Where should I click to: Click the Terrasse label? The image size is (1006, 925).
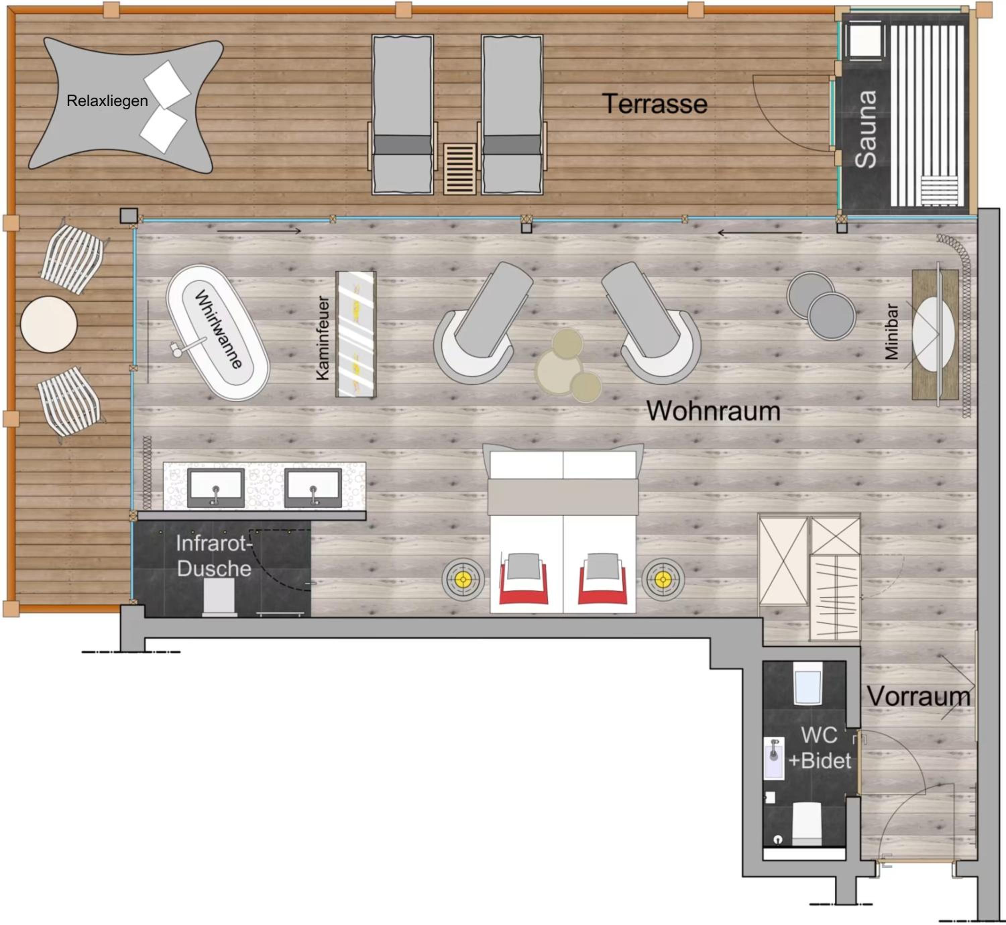tap(655, 104)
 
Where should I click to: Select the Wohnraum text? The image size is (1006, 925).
tap(713, 411)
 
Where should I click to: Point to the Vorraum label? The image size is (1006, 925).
tap(918, 696)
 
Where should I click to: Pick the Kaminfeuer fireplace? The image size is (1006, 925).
tap(356, 334)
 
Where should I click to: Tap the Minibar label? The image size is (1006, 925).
tap(891, 331)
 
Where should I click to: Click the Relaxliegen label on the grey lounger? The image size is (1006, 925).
tap(107, 101)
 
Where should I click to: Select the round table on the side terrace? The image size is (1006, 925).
tap(49, 324)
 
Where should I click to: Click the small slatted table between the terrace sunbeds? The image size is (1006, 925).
tap(459, 169)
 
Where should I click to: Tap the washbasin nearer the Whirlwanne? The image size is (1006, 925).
tap(216, 488)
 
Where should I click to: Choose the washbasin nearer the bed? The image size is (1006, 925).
tap(313, 488)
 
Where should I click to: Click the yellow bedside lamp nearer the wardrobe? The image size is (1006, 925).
tap(663, 580)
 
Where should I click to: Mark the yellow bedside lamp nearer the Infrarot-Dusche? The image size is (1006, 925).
tap(463, 580)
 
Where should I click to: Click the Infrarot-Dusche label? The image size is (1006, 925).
tap(214, 556)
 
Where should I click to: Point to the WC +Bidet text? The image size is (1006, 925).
tap(819, 748)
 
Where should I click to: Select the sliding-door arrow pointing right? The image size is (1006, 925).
tap(259, 231)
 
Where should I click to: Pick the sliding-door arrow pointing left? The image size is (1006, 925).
tap(760, 233)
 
